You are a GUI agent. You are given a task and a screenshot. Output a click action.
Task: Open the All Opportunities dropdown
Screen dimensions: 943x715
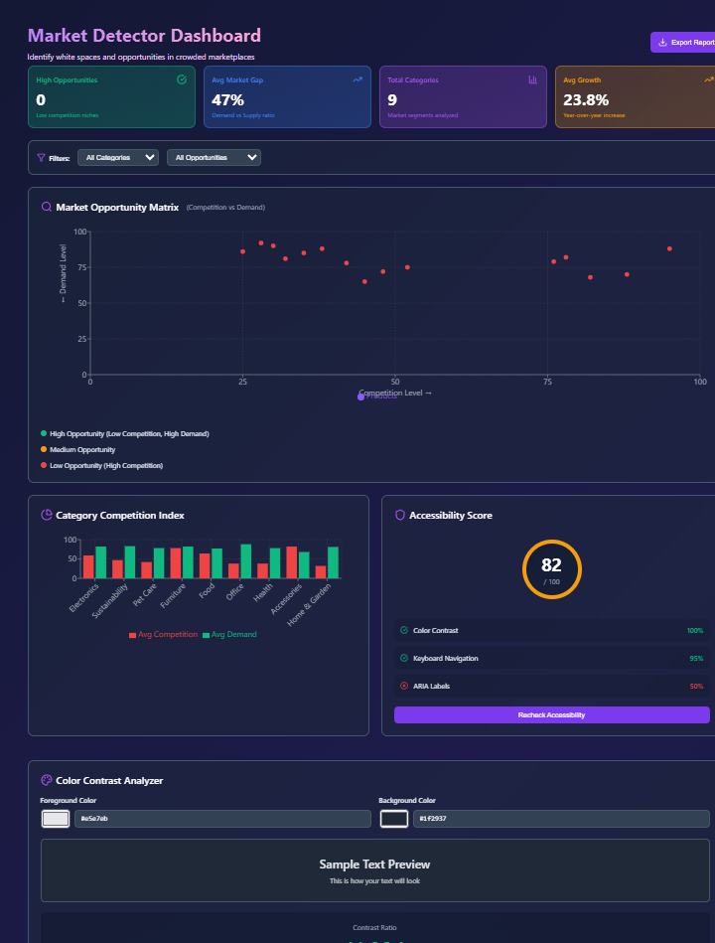pos(214,157)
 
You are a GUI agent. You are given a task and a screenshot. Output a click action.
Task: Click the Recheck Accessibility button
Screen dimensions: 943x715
pos(551,715)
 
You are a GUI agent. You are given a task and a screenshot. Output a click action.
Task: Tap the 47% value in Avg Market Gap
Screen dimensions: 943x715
pos(227,100)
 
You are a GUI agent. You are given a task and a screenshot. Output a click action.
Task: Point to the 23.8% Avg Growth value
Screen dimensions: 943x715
pos(585,100)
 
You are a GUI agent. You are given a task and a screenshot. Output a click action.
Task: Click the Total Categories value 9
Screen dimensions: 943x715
pos(392,100)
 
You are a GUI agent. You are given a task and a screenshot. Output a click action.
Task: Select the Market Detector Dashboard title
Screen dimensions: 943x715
pos(144,36)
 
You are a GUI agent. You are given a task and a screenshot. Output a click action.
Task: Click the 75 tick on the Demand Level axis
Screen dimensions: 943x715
pos(81,267)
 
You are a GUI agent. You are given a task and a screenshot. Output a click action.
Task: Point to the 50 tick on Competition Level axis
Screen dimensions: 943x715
pos(395,382)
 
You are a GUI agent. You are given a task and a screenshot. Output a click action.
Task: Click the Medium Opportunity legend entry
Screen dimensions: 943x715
pos(82,450)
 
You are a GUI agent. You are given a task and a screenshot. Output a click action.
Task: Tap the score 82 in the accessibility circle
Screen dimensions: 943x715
pos(551,565)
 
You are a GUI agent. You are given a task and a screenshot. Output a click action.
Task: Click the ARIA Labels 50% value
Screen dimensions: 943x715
pos(695,686)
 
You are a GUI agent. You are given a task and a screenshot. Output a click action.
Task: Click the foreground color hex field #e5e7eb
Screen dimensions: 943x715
pos(221,819)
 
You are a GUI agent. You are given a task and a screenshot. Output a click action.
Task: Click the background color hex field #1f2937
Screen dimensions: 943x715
pos(561,819)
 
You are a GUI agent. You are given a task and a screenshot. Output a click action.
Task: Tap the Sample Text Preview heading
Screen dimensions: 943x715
pos(374,864)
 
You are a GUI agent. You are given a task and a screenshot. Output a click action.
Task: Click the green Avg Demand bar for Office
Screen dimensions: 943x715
pos(245,560)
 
